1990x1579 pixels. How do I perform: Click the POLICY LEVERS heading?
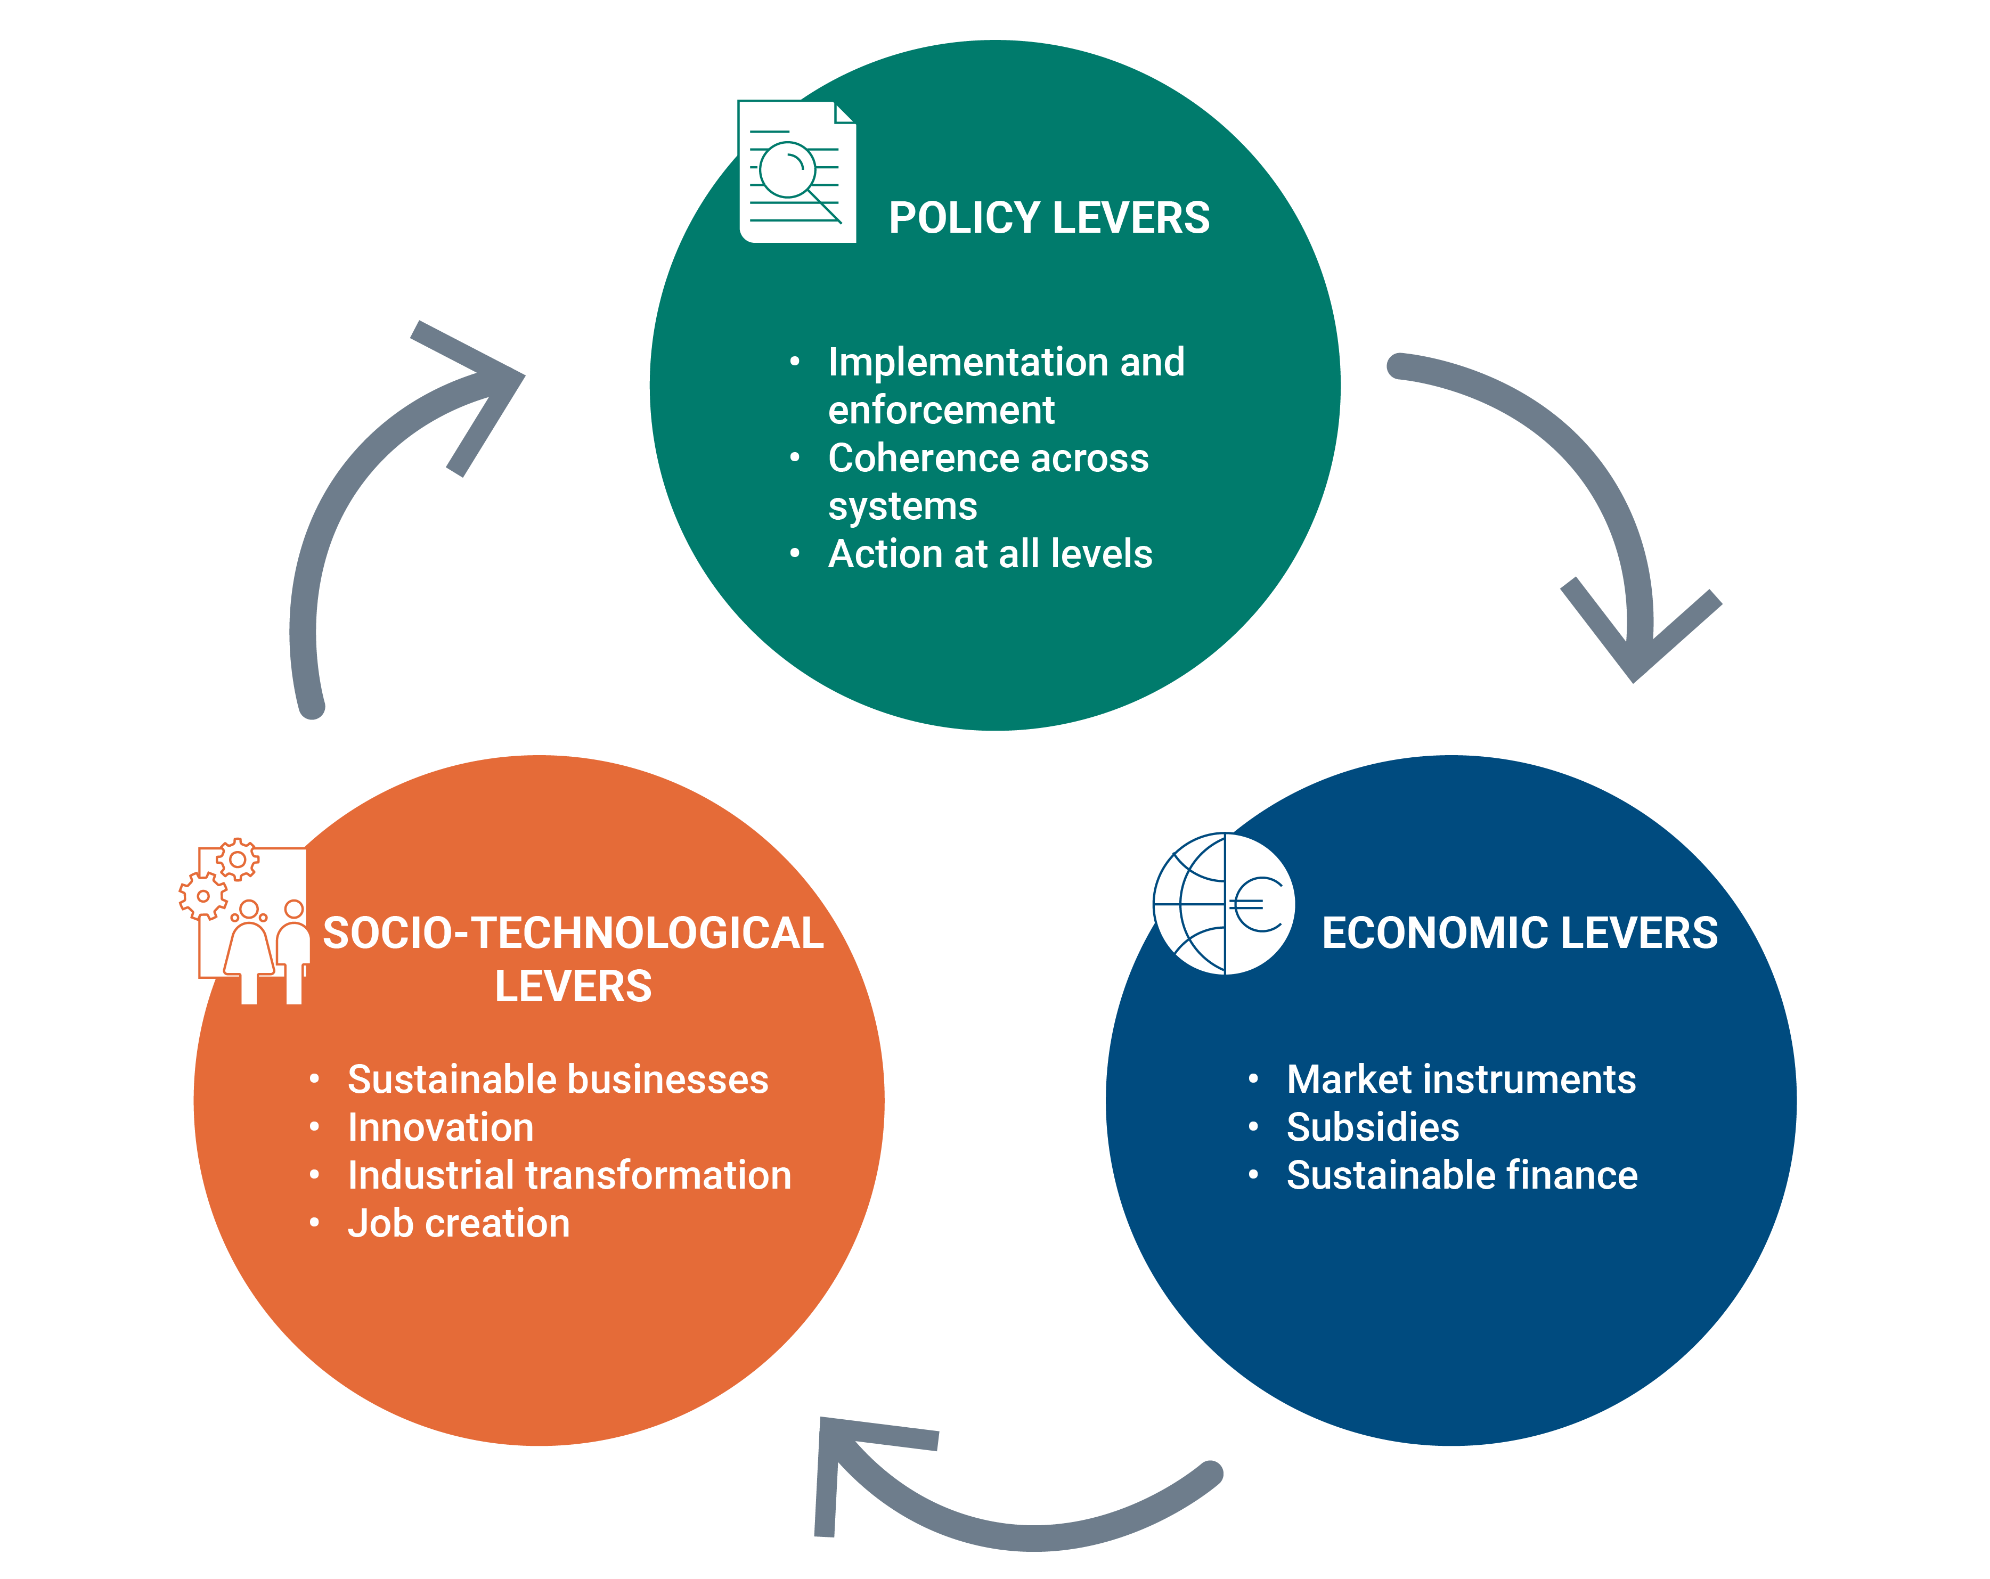tap(1049, 219)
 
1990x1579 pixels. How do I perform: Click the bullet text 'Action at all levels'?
tap(990, 554)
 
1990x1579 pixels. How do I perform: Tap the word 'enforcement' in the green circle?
tap(941, 410)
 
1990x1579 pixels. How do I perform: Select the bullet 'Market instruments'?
tap(1460, 1079)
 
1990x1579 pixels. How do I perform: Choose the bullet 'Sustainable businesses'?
tap(558, 1079)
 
